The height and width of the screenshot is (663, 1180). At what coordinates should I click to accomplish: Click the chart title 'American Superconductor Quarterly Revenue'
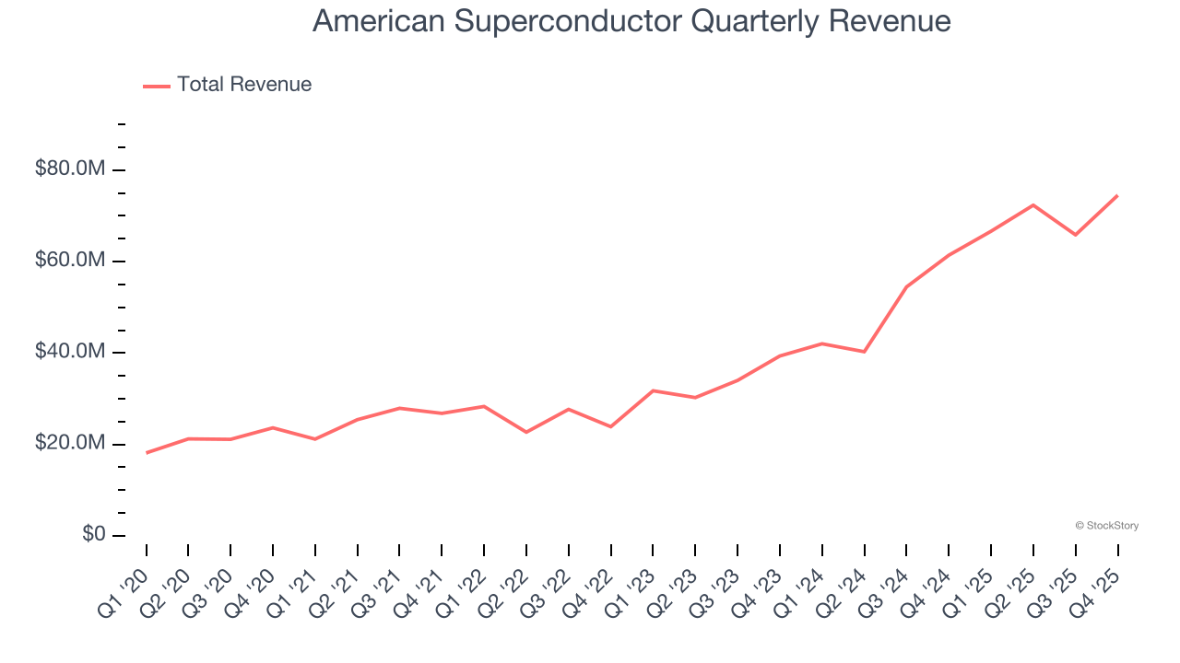(631, 20)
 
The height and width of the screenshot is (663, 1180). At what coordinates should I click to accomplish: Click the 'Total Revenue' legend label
(244, 85)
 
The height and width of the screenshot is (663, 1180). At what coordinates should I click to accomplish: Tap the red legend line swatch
(157, 86)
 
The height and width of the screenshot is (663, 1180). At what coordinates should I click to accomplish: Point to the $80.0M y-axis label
(70, 169)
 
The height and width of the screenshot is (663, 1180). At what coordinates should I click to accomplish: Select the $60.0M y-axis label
(70, 261)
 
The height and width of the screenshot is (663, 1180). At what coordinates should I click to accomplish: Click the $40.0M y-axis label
(70, 352)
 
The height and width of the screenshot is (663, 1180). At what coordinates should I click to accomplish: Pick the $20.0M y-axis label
(70, 444)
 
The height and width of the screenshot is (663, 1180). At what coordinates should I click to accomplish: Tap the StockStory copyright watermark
(1106, 526)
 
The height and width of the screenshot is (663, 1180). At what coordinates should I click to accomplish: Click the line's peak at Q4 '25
(1117, 195)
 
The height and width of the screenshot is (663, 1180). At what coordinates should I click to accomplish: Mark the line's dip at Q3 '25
(1075, 235)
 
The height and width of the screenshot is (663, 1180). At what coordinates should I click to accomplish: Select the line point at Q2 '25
(1032, 204)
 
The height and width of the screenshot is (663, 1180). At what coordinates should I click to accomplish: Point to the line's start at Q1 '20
(147, 453)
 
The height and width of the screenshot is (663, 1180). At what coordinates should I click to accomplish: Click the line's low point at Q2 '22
(526, 432)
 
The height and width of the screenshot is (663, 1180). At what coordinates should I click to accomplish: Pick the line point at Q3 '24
(906, 287)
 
